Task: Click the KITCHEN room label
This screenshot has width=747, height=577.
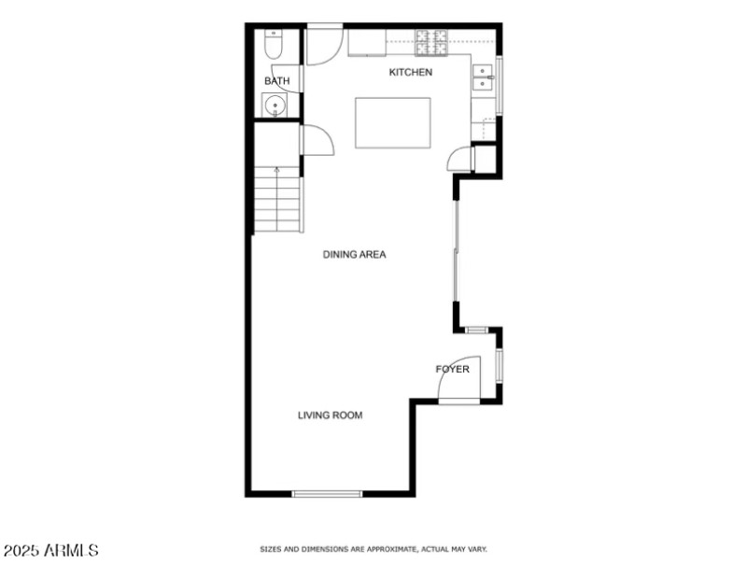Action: coord(411,72)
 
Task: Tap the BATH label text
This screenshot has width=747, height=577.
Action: coord(276,81)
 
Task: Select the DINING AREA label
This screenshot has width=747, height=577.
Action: coord(355,254)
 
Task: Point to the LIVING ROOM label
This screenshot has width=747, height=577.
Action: coord(330,415)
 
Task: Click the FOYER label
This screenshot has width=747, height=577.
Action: coord(452,370)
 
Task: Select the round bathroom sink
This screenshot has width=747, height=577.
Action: coord(275,106)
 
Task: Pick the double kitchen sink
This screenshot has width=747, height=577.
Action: coord(484,77)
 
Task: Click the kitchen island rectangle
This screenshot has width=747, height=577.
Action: coord(390,122)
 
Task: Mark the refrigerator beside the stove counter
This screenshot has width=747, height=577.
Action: coord(367,42)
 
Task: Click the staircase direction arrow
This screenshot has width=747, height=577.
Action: coord(276,172)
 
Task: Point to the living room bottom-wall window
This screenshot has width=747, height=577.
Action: coord(327,493)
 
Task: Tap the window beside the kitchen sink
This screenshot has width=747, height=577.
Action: coord(499,86)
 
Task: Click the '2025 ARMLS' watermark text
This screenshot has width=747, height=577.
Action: coord(51,551)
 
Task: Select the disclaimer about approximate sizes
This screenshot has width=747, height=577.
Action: coord(373,549)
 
